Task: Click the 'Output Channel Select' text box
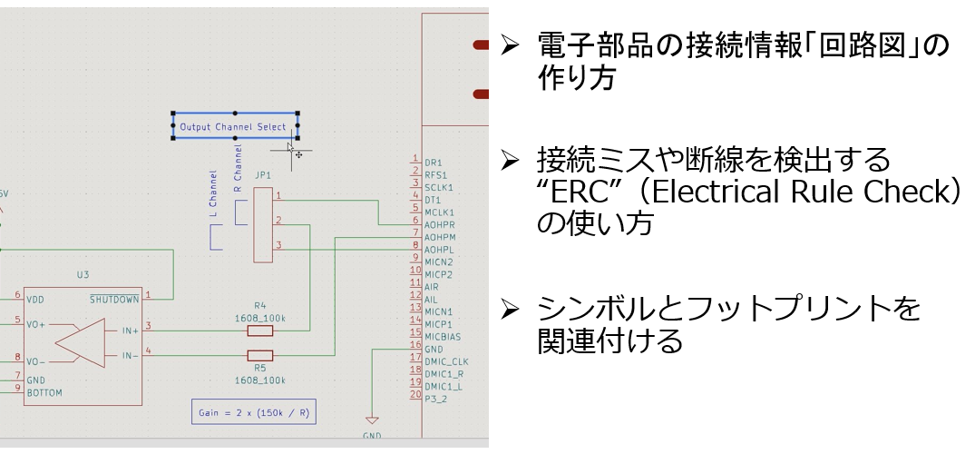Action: click(234, 127)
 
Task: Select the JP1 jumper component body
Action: click(262, 224)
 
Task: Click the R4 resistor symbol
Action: click(259, 331)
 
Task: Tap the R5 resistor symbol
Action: click(259, 355)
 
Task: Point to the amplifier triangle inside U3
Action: click(81, 343)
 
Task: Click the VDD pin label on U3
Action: click(36, 300)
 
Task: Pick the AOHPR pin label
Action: click(439, 223)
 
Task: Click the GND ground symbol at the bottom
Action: click(371, 421)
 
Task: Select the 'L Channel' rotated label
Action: click(213, 193)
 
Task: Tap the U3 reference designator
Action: click(83, 273)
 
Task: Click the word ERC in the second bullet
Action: click(563, 193)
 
